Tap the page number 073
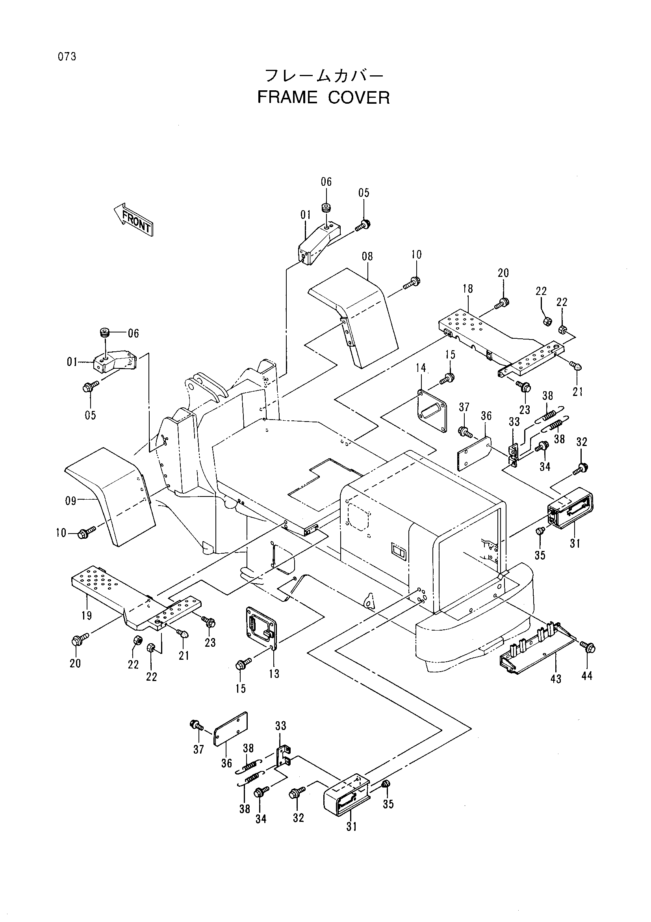coord(67,57)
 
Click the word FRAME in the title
coord(287,97)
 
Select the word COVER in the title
coord(359,97)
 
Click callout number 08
coord(367,256)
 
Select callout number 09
coord(70,501)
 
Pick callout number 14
coord(420,368)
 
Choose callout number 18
coord(467,289)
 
